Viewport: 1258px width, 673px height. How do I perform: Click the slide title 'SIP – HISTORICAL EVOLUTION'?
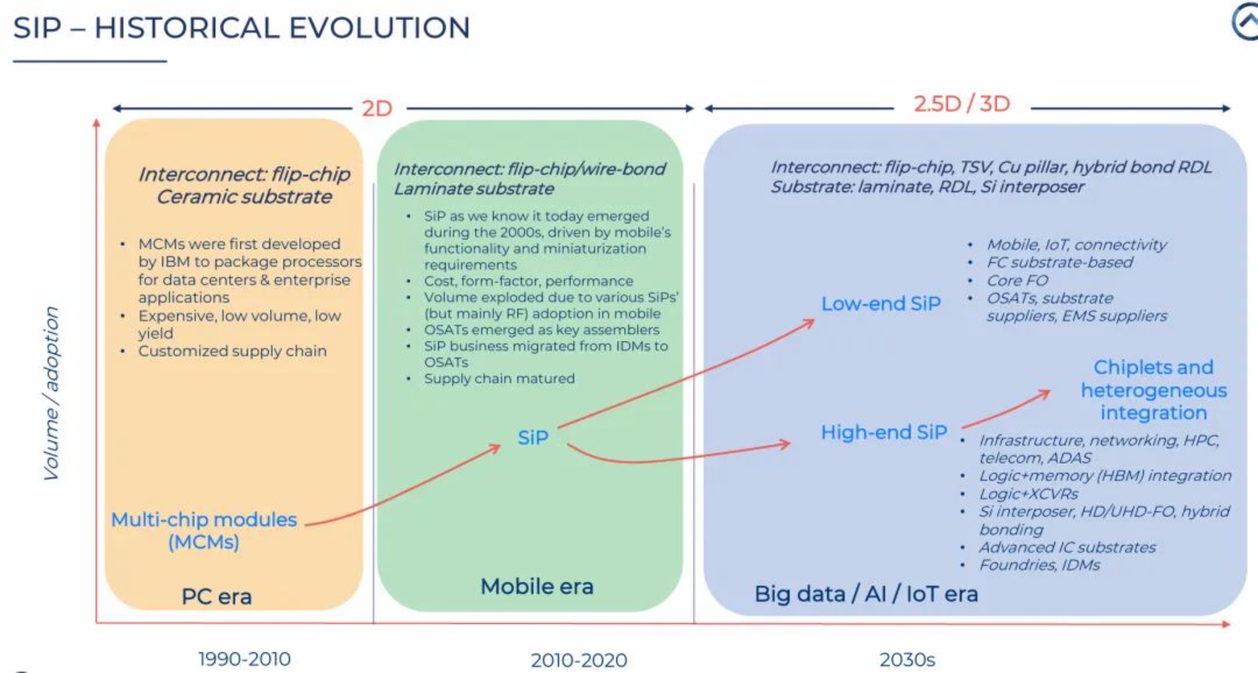242,27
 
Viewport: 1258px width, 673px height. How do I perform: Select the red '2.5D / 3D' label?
962,104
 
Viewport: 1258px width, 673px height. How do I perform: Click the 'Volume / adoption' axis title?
51,393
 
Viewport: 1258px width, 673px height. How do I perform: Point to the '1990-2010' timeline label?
244,659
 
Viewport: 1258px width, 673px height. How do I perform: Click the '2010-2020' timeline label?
579,660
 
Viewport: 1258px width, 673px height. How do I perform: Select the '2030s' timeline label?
907,660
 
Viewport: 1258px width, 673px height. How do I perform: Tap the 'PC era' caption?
216,596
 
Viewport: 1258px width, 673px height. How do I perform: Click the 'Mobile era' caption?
537,586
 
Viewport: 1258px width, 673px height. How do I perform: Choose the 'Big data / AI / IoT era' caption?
866,594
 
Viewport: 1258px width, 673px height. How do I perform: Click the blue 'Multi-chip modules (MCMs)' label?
204,531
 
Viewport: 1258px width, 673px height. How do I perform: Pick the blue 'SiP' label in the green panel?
533,437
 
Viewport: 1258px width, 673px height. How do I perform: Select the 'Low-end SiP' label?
881,303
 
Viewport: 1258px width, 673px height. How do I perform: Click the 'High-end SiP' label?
884,432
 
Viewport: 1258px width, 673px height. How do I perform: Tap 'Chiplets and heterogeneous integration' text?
1154,390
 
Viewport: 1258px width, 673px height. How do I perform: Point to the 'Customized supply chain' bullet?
232,351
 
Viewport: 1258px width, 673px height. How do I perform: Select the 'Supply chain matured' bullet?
499,378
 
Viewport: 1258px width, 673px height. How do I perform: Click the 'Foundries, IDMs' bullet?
1039,564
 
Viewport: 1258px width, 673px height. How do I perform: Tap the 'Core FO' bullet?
1017,280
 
